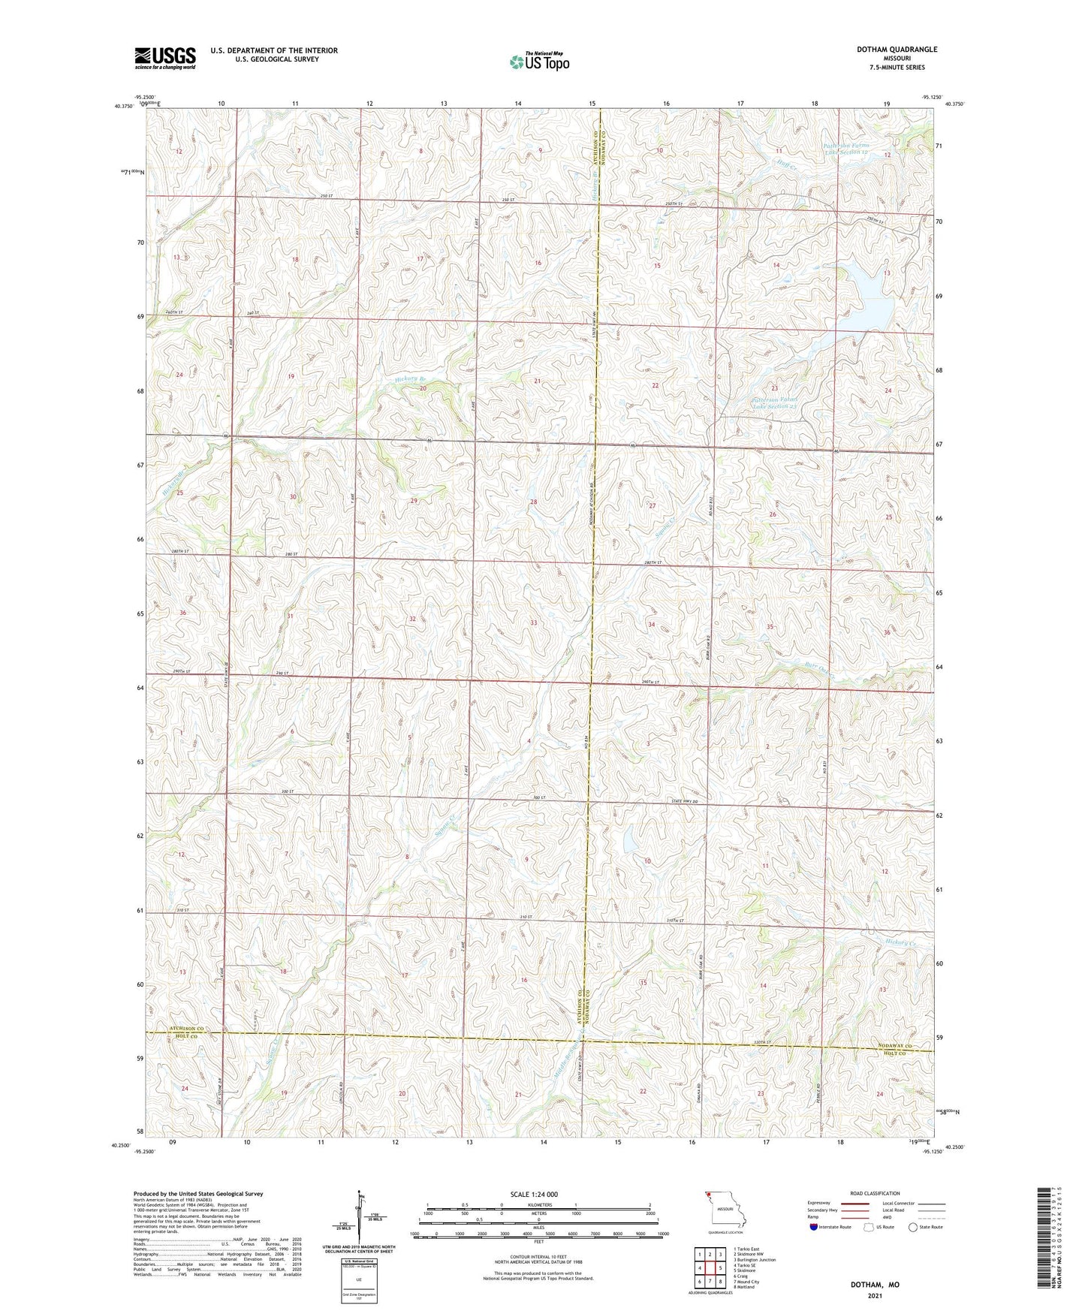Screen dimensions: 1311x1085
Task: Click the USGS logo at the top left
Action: point(165,58)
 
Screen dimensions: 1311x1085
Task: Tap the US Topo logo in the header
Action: point(539,62)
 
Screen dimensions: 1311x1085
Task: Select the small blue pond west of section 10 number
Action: point(628,845)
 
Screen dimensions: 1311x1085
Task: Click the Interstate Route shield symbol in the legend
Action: point(815,1227)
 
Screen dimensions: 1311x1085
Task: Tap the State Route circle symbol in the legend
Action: point(913,1227)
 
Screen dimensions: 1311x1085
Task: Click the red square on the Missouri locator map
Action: point(707,1197)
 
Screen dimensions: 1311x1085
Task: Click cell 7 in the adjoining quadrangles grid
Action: point(710,1282)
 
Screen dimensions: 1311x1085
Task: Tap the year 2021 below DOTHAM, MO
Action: point(875,1295)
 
